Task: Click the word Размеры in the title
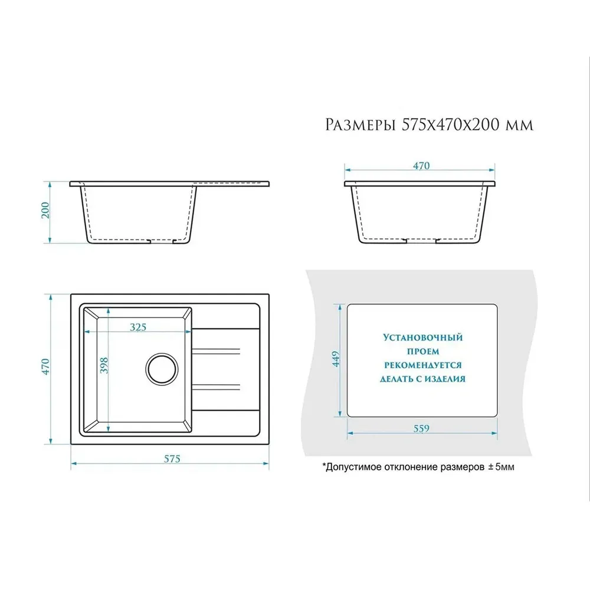click(x=360, y=124)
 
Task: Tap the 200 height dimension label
click(x=45, y=211)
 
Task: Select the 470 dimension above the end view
click(x=421, y=166)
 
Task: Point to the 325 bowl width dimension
click(x=138, y=327)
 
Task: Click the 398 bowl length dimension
click(x=104, y=365)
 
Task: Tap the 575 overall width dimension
click(x=172, y=458)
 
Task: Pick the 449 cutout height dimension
click(x=336, y=359)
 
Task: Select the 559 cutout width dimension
click(x=421, y=428)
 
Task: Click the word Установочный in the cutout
click(x=423, y=337)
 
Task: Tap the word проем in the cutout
click(x=423, y=352)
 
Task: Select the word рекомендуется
click(x=423, y=365)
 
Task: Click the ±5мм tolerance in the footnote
click(x=501, y=467)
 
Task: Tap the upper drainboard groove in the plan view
click(x=216, y=351)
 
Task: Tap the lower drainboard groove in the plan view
click(x=216, y=386)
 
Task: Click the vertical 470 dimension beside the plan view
click(x=45, y=366)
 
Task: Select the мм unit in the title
click(x=520, y=126)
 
